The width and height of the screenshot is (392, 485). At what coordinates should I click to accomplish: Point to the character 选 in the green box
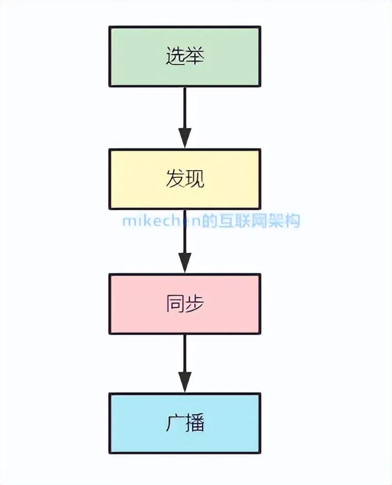(176, 56)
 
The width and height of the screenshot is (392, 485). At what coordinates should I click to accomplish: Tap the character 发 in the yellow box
(175, 179)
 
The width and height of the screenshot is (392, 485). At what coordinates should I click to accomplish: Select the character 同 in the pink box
(175, 304)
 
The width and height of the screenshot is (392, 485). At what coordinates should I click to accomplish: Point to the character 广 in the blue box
(175, 424)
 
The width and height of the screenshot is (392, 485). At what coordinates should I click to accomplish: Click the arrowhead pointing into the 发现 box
(185, 138)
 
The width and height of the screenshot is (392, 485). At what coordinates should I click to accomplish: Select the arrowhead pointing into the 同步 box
(185, 262)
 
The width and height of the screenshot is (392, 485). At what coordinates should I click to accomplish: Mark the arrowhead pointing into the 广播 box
(185, 382)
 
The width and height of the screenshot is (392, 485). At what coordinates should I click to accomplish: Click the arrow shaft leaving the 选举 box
(185, 107)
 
